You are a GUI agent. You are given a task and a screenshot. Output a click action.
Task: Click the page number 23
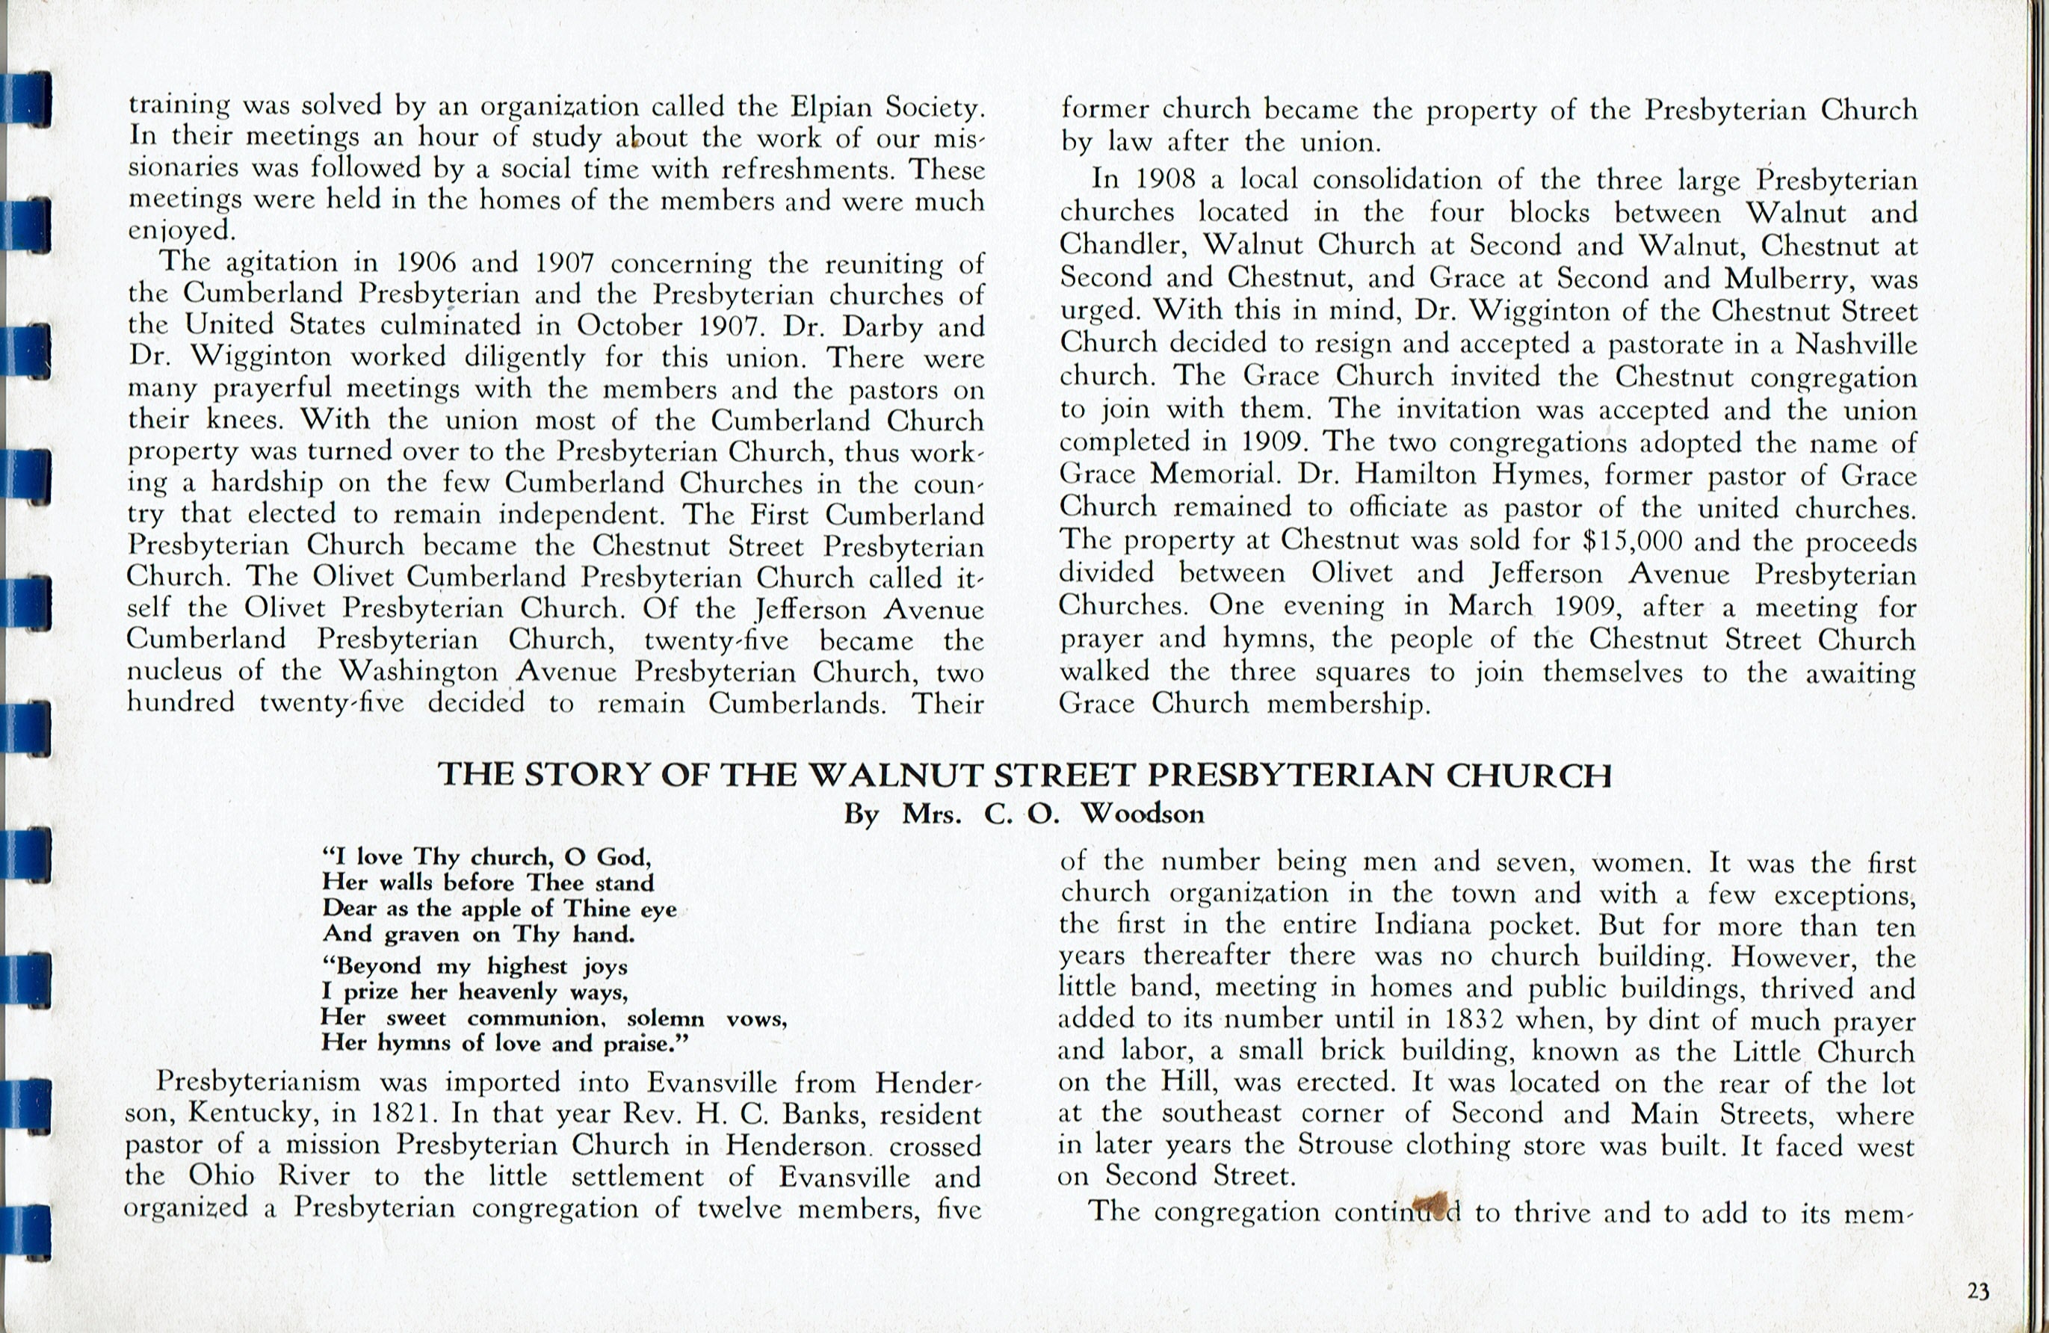pyautogui.click(x=1977, y=1292)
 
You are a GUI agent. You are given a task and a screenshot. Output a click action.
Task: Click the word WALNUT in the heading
pyautogui.click(x=900, y=776)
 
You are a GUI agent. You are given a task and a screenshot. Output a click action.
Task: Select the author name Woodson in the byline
pyautogui.click(x=1143, y=814)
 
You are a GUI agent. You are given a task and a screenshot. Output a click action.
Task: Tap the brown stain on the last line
pyautogui.click(x=1431, y=1205)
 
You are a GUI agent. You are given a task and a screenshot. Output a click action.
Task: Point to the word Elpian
pyautogui.click(x=832, y=107)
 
